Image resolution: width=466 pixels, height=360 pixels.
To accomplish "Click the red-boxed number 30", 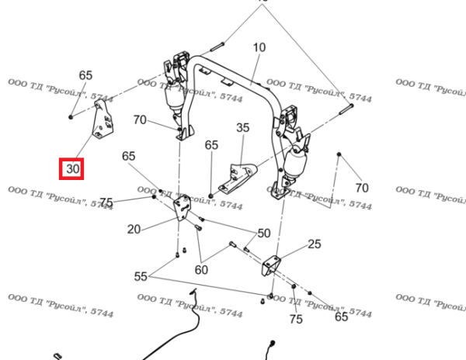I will click(x=73, y=168).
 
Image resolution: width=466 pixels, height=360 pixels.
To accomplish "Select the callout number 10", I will click(x=259, y=47).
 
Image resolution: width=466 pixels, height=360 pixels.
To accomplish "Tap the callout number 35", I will click(x=242, y=128).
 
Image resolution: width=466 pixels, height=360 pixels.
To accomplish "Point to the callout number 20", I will click(x=134, y=229).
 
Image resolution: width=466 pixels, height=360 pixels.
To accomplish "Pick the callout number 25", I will click(x=314, y=244).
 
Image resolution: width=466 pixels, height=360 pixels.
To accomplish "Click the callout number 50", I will click(x=263, y=233).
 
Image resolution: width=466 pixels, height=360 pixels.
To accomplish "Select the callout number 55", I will click(x=141, y=276).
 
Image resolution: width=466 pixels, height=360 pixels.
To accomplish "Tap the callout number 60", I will click(x=201, y=270).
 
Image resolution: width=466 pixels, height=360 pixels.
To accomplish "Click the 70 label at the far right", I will click(x=361, y=187).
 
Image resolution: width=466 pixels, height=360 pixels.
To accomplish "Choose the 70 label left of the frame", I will click(x=140, y=119).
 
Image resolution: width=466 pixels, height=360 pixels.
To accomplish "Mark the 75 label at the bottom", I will click(x=296, y=319).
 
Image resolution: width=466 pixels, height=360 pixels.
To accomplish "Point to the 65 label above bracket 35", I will click(x=211, y=145).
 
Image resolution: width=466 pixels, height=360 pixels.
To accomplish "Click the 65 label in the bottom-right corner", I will click(x=341, y=317).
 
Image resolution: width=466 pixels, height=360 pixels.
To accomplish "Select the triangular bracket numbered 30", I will click(x=100, y=121).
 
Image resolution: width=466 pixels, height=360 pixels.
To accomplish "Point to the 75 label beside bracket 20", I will click(x=106, y=202).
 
